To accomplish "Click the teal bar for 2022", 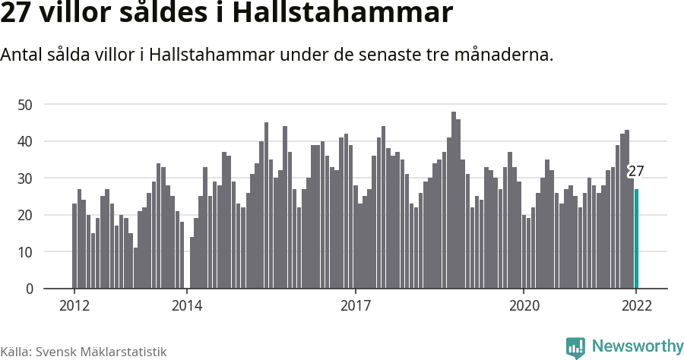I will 636,238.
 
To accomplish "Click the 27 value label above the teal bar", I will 636,171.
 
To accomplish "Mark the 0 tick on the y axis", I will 30,289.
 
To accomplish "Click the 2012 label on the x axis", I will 74,306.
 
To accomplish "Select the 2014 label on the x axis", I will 186,306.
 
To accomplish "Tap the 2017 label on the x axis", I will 355,306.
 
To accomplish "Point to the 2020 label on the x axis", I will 524,306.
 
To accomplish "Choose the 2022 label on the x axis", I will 636,306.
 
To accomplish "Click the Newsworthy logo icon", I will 575,348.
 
